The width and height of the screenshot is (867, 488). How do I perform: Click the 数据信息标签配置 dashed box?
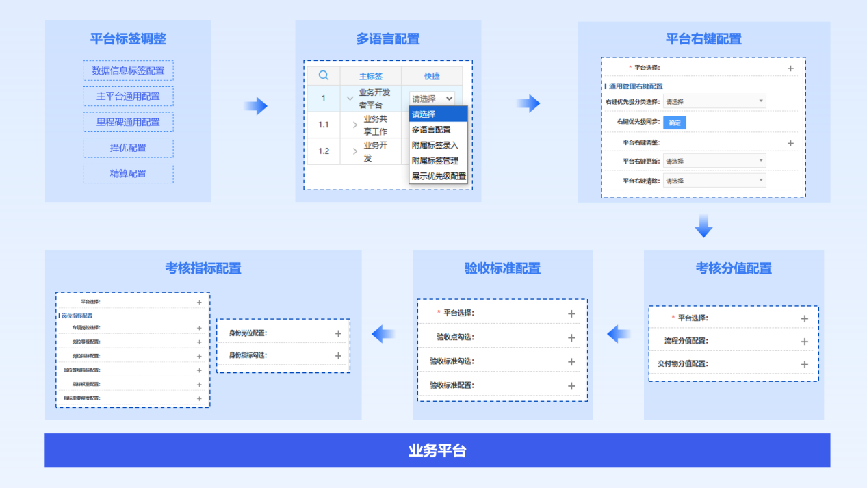pyautogui.click(x=128, y=70)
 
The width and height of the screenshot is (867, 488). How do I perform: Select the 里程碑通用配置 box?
pyautogui.click(x=128, y=122)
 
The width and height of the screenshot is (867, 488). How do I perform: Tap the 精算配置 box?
pyautogui.click(x=128, y=173)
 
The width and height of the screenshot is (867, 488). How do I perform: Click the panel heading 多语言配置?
pyautogui.click(x=388, y=39)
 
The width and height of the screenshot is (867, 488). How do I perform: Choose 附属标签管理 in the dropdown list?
pyautogui.click(x=435, y=161)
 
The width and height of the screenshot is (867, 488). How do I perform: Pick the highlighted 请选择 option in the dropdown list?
pyautogui.click(x=438, y=114)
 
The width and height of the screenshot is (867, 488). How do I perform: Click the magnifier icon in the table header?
pyautogui.click(x=324, y=75)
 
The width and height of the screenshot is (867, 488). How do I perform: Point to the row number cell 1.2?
pyautogui.click(x=324, y=151)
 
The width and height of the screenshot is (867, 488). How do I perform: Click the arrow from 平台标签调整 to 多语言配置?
pyautogui.click(x=256, y=105)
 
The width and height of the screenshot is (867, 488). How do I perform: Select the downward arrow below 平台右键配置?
pyautogui.click(x=703, y=227)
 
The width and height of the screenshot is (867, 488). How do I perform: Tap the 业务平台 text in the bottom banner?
pyautogui.click(x=437, y=451)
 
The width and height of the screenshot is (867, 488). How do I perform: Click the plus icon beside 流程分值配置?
pyautogui.click(x=805, y=342)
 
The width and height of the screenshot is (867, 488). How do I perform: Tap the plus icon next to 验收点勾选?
pyautogui.click(x=571, y=337)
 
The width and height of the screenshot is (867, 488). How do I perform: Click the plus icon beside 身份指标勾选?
pyautogui.click(x=338, y=356)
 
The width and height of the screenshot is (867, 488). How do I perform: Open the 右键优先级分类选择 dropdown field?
pyautogui.click(x=714, y=101)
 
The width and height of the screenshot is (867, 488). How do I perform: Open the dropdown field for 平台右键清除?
pyautogui.click(x=714, y=181)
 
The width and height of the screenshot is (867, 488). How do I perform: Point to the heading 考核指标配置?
pyautogui.click(x=203, y=268)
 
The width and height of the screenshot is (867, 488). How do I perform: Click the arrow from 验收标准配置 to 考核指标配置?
pyautogui.click(x=384, y=334)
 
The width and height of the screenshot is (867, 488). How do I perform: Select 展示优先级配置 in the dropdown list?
pyautogui.click(x=439, y=176)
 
